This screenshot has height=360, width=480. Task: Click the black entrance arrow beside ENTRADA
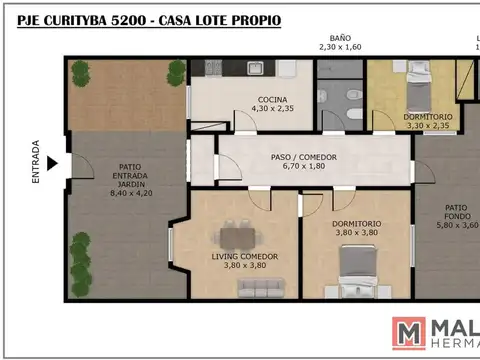pos(53,163)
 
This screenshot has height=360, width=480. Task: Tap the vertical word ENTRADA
pos(36,162)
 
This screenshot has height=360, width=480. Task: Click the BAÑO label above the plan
pos(340,36)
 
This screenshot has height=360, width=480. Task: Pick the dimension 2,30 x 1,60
pos(340,46)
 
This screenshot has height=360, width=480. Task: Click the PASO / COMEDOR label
pos(304,157)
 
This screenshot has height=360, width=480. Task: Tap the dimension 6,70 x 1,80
pos(304,167)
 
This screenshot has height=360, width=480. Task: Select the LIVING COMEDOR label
pos(244,257)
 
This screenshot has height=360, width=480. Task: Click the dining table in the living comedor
pos(236,237)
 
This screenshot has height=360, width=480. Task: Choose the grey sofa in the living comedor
pos(263,288)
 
